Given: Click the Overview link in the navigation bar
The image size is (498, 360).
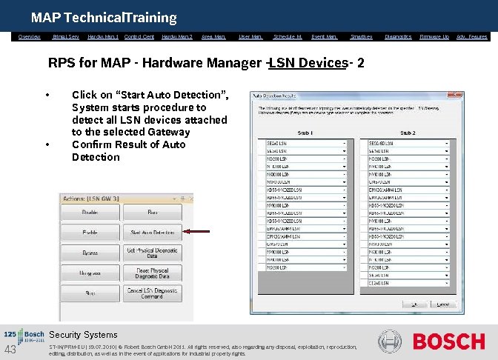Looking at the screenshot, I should pyautogui.click(x=30, y=36).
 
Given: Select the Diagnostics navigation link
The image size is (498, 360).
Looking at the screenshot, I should pyautogui.click(x=398, y=36).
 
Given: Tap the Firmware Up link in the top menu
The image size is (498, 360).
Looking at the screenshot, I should pyautogui.click(x=434, y=36).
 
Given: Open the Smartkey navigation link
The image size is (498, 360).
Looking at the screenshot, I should pyautogui.click(x=361, y=36).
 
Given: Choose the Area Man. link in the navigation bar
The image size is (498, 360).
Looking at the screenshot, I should pyautogui.click(x=214, y=36).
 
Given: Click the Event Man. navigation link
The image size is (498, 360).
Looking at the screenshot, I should pyautogui.click(x=324, y=36).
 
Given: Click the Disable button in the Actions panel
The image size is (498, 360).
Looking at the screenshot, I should pyautogui.click(x=90, y=213).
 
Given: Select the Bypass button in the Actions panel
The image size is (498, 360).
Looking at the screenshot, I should pyautogui.click(x=90, y=253).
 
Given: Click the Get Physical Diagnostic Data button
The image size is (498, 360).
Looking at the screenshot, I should pyautogui.click(x=152, y=253).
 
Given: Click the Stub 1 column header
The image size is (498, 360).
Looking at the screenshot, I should pyautogui.click(x=305, y=133).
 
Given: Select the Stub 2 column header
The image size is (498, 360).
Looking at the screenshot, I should pyautogui.click(x=408, y=133).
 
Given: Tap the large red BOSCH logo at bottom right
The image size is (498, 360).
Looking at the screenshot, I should pyautogui.click(x=448, y=341).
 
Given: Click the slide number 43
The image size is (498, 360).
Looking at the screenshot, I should pyautogui.click(x=10, y=350).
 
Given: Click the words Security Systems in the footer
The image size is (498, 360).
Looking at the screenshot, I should pyautogui.click(x=83, y=335).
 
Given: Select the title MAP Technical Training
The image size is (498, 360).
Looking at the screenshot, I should pyautogui.click(x=104, y=17).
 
